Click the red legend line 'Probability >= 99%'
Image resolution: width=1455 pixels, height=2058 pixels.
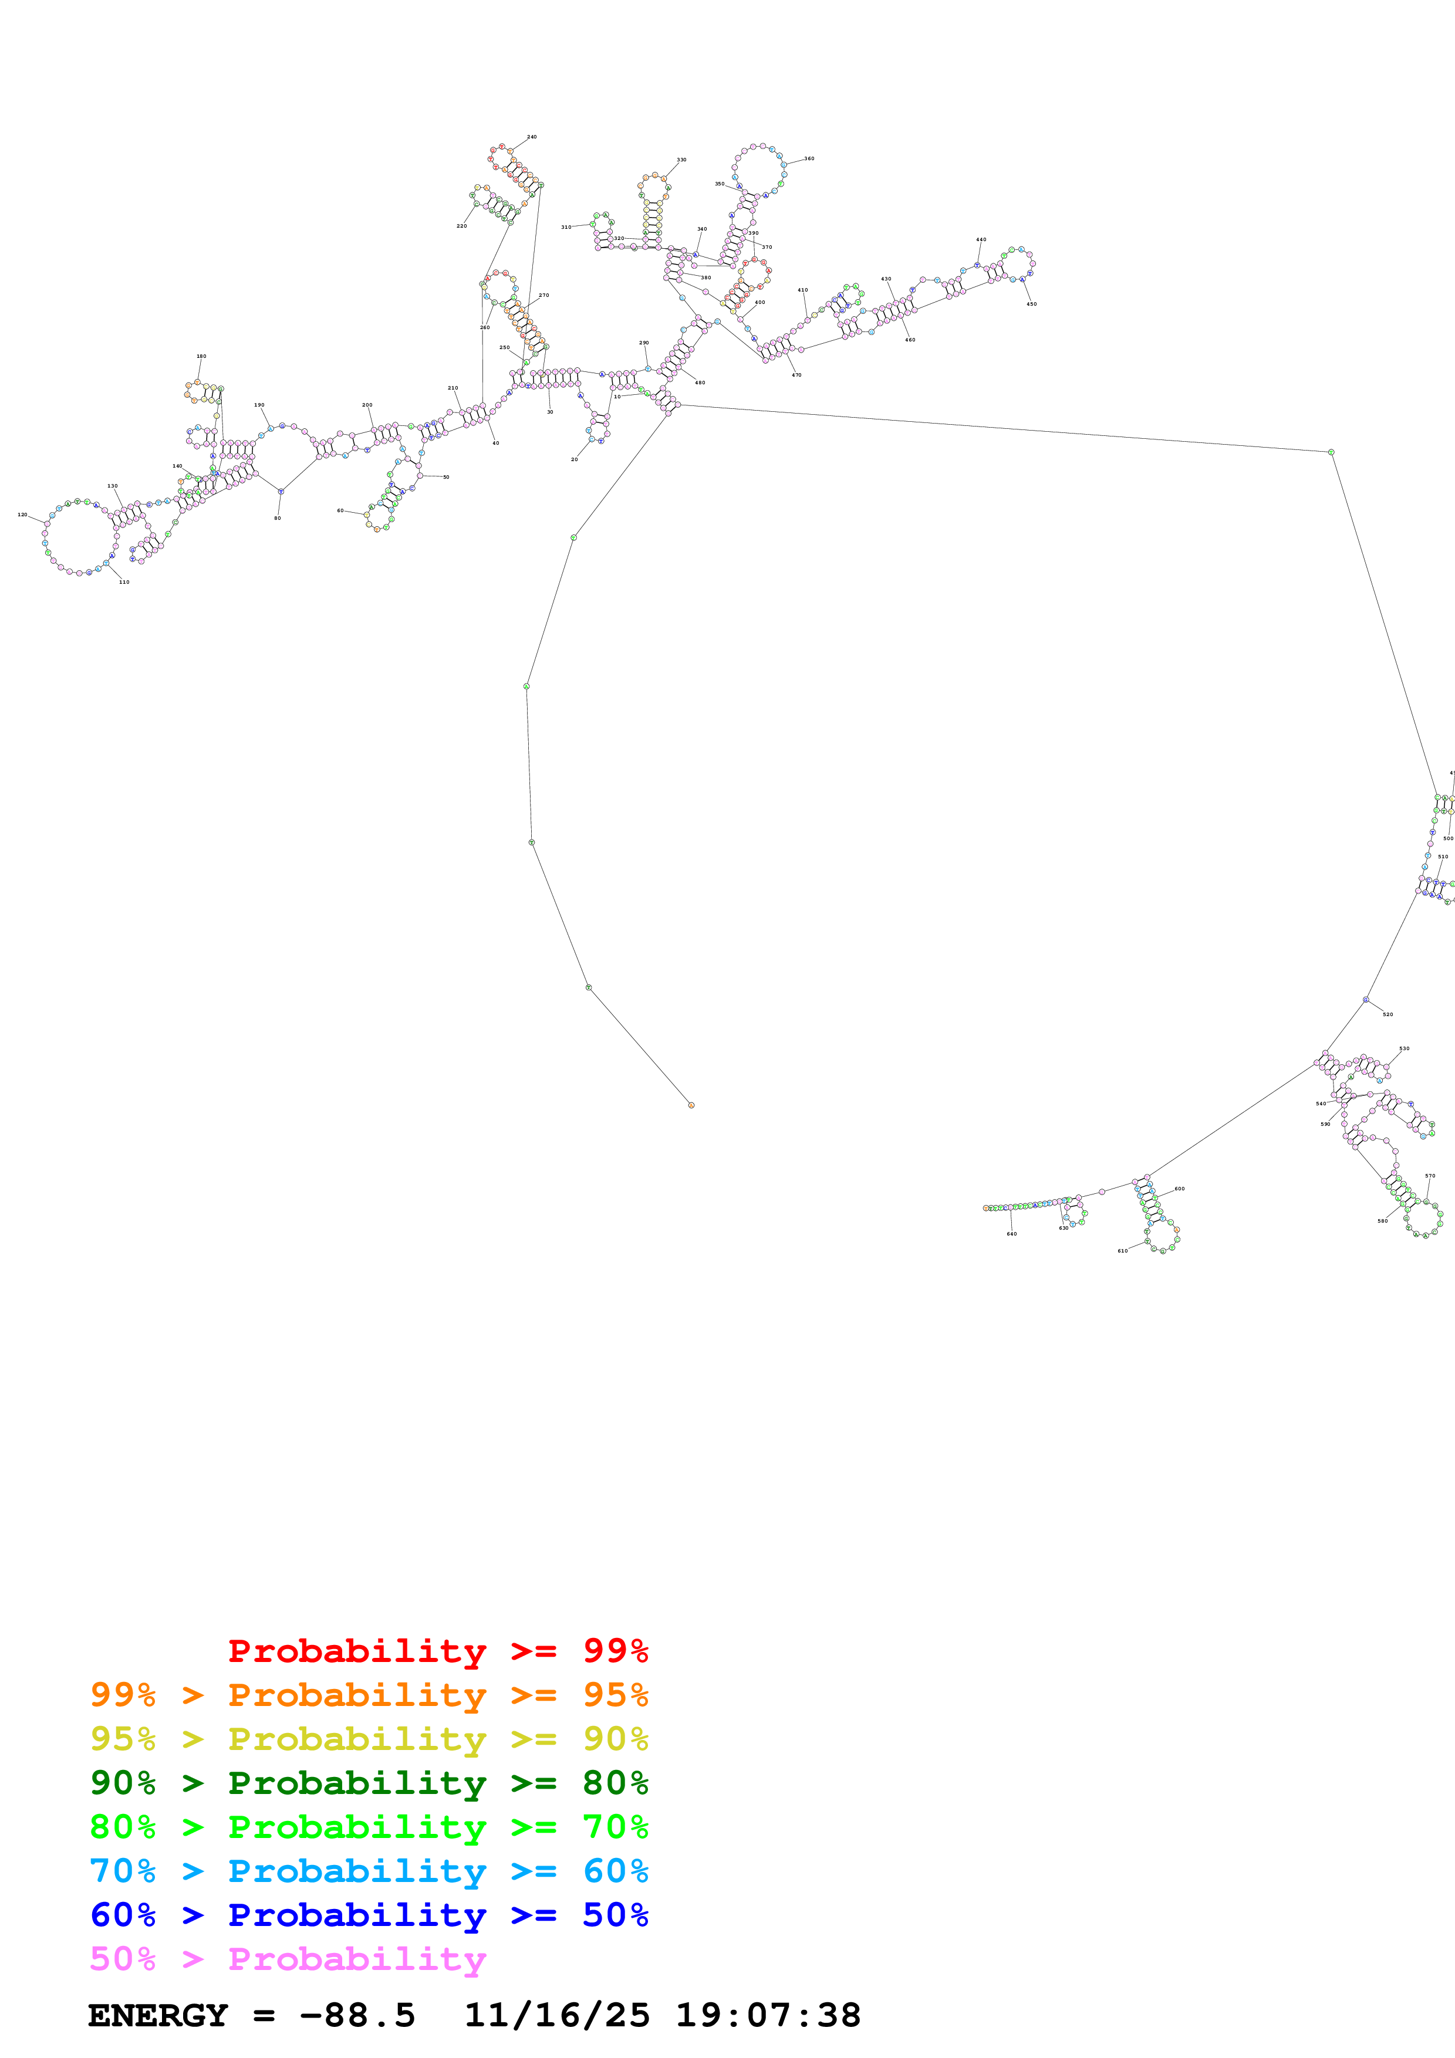click(437, 1651)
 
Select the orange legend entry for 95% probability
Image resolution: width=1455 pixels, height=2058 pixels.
click(369, 1695)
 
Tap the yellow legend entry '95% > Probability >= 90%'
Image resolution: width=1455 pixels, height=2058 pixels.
click(369, 1739)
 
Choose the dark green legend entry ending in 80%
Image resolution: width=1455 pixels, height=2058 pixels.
click(369, 1783)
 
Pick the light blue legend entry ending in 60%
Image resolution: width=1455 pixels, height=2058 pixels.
click(369, 1871)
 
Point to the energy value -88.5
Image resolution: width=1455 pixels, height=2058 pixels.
click(357, 2016)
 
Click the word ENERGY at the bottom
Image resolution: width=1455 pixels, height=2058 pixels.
click(158, 2016)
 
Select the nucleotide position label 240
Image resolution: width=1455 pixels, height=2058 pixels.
click(532, 137)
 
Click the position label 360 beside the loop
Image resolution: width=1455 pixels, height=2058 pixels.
click(809, 158)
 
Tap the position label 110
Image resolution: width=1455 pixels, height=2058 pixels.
click(124, 582)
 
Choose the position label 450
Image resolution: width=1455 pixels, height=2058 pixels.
click(1031, 304)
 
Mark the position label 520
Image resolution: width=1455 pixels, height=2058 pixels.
click(1387, 1015)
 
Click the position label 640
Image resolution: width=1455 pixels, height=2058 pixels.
click(1011, 1234)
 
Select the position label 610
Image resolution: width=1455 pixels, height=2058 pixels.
click(1122, 1250)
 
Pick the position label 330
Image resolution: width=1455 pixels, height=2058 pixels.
click(681, 160)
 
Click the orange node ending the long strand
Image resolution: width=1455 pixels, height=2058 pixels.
click(691, 1105)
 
